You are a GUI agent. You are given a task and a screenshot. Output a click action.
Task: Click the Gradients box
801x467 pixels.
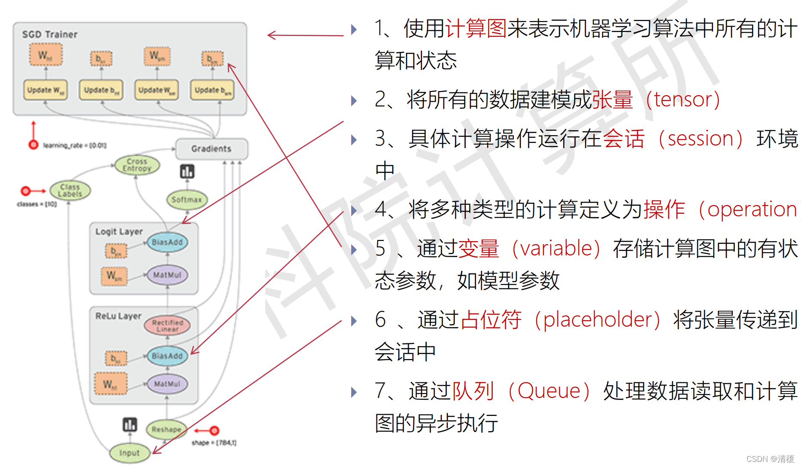211,149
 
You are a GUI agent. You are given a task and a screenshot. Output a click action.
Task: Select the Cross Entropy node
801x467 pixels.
137,165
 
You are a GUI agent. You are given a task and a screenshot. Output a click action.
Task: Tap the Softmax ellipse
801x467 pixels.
187,200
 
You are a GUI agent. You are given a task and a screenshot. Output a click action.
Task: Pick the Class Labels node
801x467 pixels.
70,191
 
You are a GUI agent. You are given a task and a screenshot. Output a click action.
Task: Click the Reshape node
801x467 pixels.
166,429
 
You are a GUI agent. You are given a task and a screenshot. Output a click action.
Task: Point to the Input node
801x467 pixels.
129,453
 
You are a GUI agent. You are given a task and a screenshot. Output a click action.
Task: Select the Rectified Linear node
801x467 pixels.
167,325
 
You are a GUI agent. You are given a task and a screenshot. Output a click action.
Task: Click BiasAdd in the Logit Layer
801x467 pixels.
167,243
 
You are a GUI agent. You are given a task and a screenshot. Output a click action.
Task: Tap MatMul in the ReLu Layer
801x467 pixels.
167,384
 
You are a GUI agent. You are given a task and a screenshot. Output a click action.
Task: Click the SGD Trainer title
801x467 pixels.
50,34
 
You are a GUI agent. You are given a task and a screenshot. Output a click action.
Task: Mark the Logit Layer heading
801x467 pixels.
119,232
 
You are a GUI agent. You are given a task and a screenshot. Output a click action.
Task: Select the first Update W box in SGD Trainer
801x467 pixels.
46,90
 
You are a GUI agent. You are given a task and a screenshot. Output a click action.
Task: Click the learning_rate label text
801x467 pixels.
74,146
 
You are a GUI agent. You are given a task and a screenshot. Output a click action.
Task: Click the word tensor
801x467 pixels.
683,100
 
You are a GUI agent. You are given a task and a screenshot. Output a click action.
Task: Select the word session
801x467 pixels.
701,139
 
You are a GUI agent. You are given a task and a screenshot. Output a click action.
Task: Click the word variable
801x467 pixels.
556,249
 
